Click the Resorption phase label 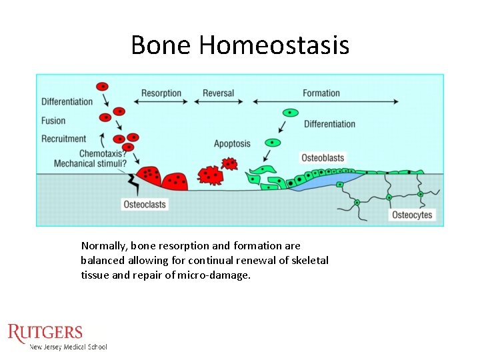[x=161, y=93]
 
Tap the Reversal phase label [x=218, y=93]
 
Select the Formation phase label [x=321, y=93]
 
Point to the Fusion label [x=53, y=121]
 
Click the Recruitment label [x=64, y=139]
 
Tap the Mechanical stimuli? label [x=90, y=163]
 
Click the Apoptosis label [x=232, y=143]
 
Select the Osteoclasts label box [x=145, y=204]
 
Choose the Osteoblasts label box [x=323, y=158]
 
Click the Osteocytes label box [x=412, y=215]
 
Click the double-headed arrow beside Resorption [x=161, y=102]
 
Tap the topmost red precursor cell [x=103, y=87]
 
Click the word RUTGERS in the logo [x=45, y=333]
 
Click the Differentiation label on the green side [x=329, y=124]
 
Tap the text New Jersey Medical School [x=68, y=347]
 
